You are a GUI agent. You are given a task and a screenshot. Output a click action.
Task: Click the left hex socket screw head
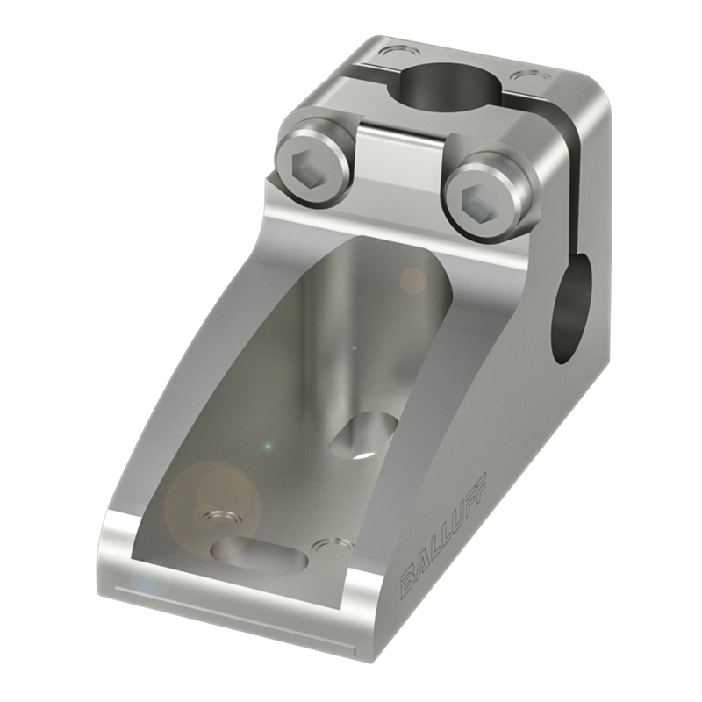click(x=313, y=168)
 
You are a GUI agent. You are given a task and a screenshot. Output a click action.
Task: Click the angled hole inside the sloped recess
click(x=363, y=435)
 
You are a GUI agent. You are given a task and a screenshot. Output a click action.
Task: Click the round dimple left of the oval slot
click(x=221, y=519)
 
